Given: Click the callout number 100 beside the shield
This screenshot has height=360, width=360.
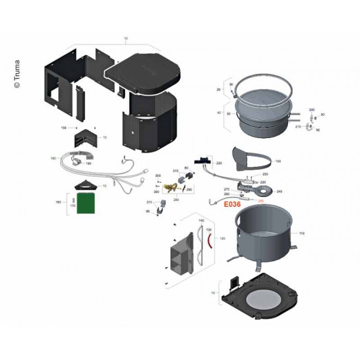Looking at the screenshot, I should pos(278,160).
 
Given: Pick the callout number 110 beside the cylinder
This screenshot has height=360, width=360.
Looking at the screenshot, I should pos(302,232).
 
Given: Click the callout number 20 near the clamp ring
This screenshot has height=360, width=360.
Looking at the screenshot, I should pos(219,89).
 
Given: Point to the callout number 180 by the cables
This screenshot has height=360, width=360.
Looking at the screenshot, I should pos(53,158).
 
